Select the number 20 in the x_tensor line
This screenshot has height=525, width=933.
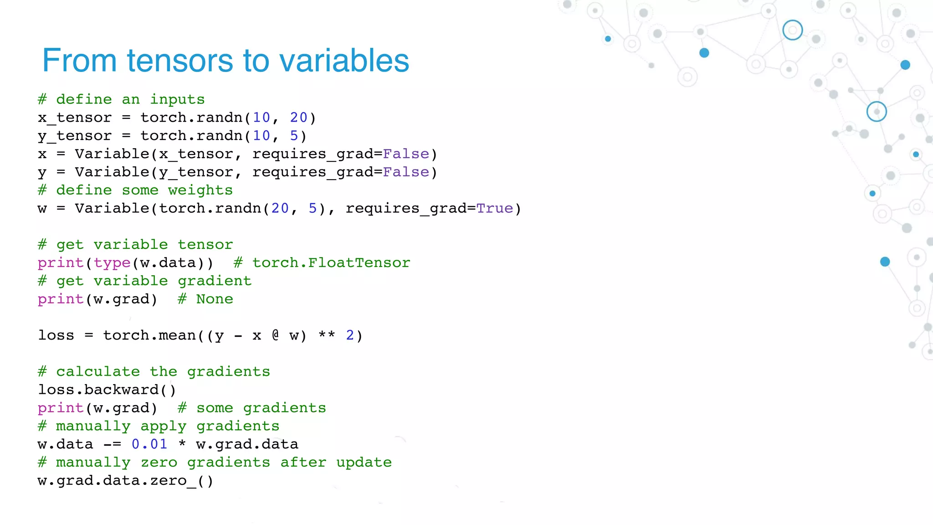tap(298, 118)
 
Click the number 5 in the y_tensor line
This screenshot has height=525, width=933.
tap(294, 136)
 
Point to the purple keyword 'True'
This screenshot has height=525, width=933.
tap(495, 208)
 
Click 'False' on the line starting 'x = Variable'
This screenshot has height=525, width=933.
tap(406, 154)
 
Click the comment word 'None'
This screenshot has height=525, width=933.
tap(215, 299)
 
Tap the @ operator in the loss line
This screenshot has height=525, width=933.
tap(275, 335)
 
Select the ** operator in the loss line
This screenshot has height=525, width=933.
tap(327, 335)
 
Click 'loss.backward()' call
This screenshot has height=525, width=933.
tap(107, 390)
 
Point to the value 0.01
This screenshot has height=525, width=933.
tap(149, 444)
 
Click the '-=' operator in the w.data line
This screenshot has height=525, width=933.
tap(112, 444)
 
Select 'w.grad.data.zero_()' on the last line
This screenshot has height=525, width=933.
tap(125, 481)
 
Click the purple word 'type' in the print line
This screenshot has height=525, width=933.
tap(112, 263)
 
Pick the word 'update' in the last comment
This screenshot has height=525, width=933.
tap(364, 463)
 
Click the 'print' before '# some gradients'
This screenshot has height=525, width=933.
tap(61, 408)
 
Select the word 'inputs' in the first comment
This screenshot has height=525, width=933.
tap(177, 99)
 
